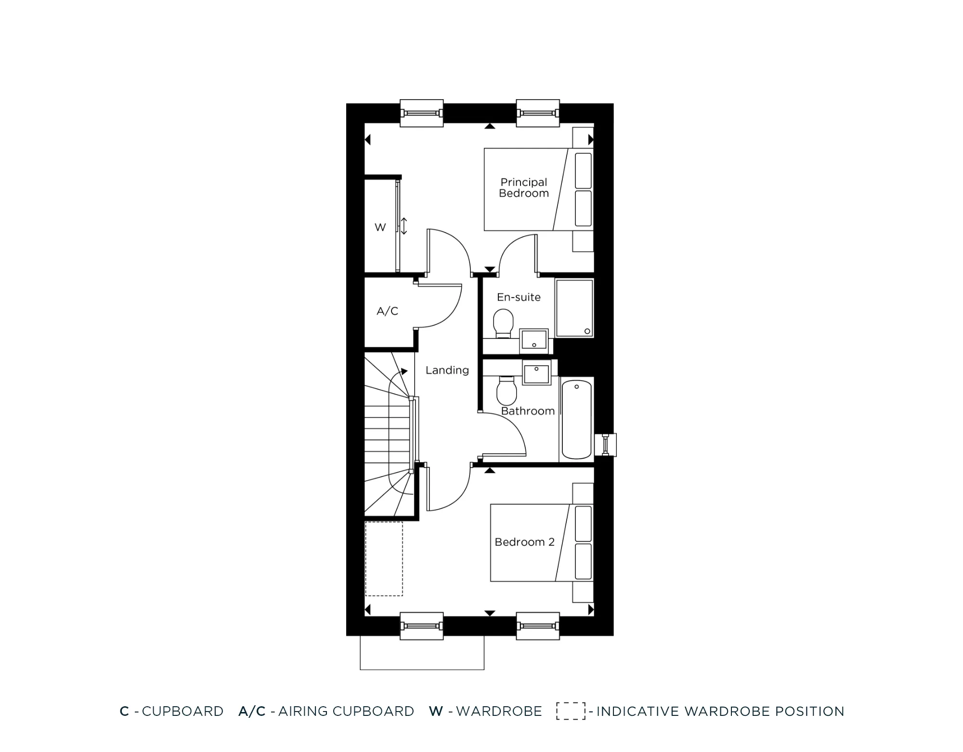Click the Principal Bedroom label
pyautogui.click(x=524, y=188)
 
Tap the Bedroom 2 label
pyautogui.click(x=524, y=542)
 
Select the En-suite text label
pyautogui.click(x=519, y=297)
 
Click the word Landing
pyautogui.click(x=447, y=370)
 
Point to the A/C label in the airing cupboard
pyautogui.click(x=387, y=311)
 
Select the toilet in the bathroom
pyautogui.click(x=506, y=391)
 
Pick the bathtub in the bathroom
pyautogui.click(x=576, y=419)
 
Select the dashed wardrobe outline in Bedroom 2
pyautogui.click(x=384, y=559)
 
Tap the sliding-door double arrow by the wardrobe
pyautogui.click(x=404, y=226)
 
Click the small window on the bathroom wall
pyautogui.click(x=606, y=445)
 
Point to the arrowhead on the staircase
pyautogui.click(x=404, y=371)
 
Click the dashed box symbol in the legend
pyautogui.click(x=571, y=711)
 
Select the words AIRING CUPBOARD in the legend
pyautogui.click(x=346, y=711)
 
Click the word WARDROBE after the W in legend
pyautogui.click(x=499, y=711)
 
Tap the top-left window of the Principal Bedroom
pyautogui.click(x=421, y=113)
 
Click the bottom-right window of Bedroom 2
pyautogui.click(x=538, y=626)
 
